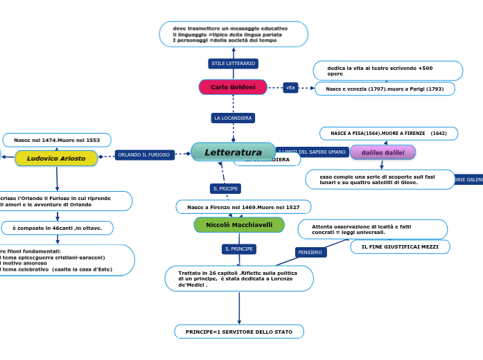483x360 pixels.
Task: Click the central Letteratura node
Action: tap(233, 152)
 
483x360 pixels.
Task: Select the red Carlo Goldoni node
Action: tap(233, 87)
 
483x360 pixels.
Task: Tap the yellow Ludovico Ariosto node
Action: tap(56, 159)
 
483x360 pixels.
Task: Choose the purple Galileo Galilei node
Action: tap(383, 152)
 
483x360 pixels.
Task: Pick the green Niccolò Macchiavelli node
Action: tap(239, 225)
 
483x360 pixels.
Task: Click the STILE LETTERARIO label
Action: tap(234, 64)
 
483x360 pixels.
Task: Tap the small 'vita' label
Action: tap(290, 87)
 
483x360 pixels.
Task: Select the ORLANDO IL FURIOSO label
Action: tap(144, 155)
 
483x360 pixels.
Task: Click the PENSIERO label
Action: tap(310, 253)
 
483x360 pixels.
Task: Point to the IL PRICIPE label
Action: tap(225, 188)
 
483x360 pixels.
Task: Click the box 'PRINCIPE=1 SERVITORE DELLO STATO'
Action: tap(239, 332)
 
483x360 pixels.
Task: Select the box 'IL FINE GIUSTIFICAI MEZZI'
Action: tap(401, 246)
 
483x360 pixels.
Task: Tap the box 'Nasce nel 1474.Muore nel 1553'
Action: tap(57, 140)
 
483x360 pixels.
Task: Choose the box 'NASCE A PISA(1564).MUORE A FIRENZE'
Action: tap(388, 133)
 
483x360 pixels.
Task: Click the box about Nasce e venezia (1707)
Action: tap(385, 89)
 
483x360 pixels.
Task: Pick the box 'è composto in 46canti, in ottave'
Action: tap(58, 228)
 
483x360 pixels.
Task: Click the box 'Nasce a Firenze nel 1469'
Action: tap(243, 207)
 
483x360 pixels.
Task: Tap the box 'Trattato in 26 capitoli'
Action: tap(239, 278)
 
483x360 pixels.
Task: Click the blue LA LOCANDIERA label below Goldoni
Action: tap(234, 118)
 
